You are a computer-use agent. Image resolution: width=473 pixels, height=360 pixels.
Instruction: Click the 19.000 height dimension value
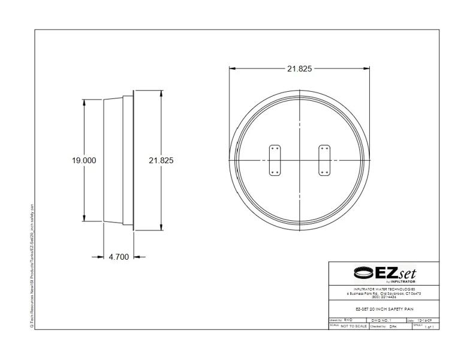point(84,161)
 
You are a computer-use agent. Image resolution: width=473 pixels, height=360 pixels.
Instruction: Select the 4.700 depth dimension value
point(118,257)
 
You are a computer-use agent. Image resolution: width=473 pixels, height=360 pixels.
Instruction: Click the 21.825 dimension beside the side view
point(161,161)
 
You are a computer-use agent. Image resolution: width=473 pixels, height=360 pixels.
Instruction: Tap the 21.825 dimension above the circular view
point(299,69)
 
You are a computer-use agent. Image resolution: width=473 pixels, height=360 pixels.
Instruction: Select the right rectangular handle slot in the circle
point(324,160)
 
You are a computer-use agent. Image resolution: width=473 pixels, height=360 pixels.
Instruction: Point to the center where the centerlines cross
point(299,160)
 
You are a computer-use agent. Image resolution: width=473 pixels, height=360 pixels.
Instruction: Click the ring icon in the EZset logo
point(362,273)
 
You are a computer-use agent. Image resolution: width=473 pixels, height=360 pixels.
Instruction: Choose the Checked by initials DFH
point(393,326)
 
